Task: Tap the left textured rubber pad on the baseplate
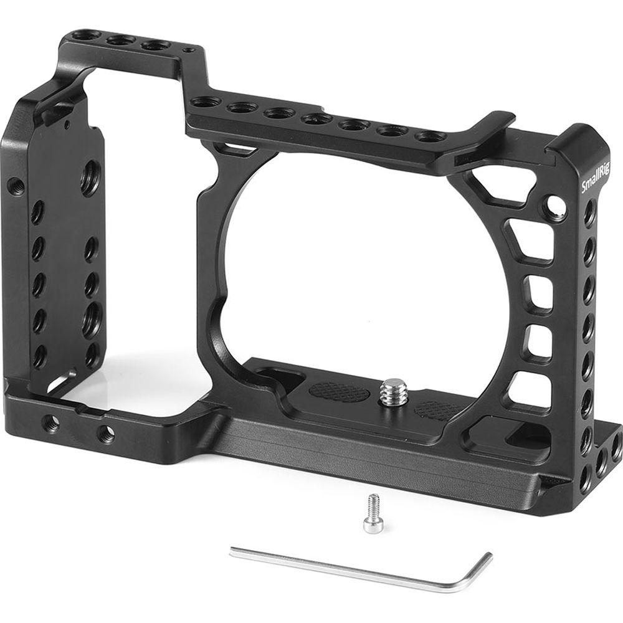(338, 392)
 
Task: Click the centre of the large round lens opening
(324, 262)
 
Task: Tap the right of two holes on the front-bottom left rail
(105, 432)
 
